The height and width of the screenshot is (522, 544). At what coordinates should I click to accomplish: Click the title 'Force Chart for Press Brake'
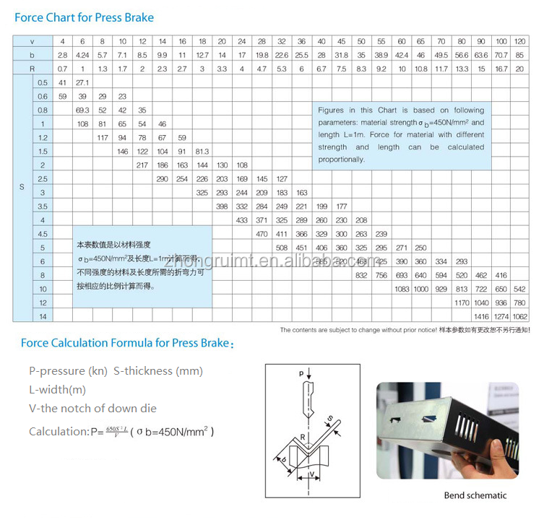[x=84, y=17]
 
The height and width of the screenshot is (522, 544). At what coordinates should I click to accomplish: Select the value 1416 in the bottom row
[x=481, y=316]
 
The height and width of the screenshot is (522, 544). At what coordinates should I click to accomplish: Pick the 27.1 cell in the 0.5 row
[x=82, y=83]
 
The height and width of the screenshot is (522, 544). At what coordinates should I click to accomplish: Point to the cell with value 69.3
[x=82, y=110]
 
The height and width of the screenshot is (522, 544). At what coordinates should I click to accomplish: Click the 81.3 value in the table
[x=202, y=152]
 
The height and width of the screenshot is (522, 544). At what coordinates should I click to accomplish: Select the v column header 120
[x=519, y=41]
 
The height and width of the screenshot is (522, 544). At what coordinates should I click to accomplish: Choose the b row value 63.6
[x=481, y=55]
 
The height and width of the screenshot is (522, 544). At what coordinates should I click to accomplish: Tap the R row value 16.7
[x=501, y=69]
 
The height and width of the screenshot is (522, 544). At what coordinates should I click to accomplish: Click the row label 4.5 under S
[x=43, y=234]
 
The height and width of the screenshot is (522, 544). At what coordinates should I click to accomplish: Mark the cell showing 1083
[x=402, y=289]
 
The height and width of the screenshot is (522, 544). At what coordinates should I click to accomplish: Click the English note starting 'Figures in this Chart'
[x=401, y=135]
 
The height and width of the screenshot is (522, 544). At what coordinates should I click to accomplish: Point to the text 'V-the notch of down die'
[x=92, y=408]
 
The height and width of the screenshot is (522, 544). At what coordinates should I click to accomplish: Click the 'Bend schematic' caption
[x=475, y=495]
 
